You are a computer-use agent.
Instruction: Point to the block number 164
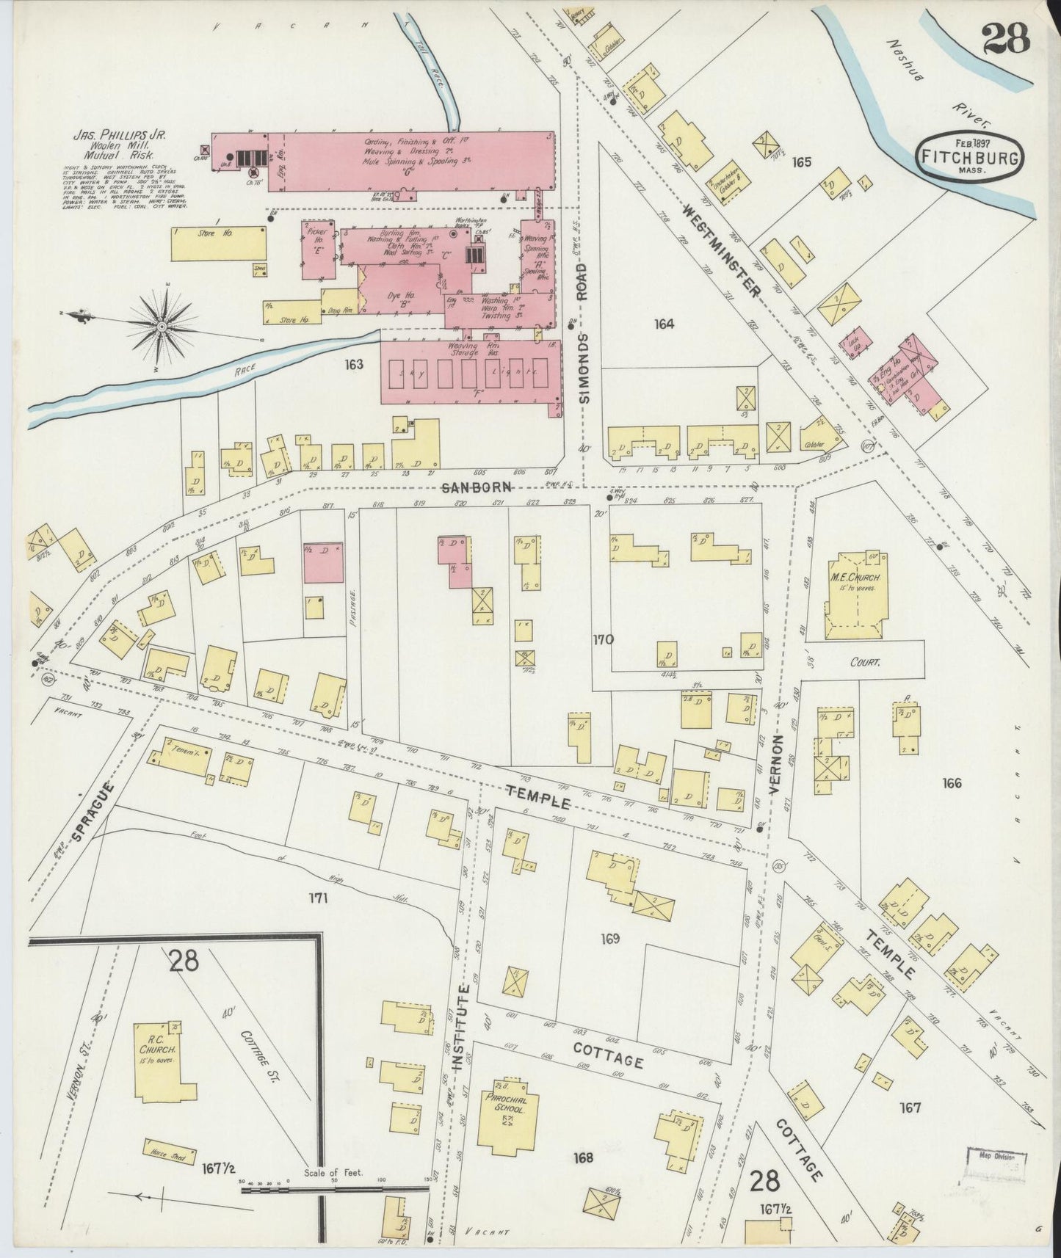click(x=665, y=324)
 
